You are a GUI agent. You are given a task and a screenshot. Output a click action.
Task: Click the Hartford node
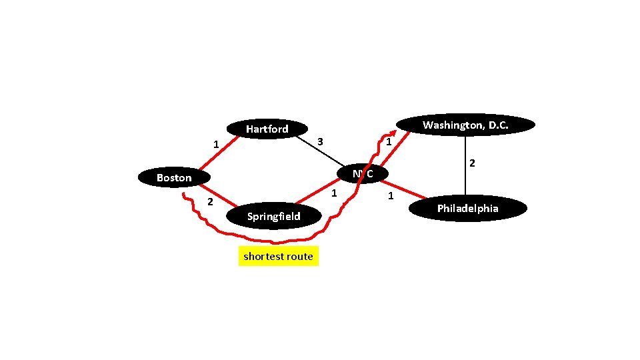point(267,129)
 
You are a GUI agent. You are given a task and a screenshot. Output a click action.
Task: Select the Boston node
point(174,177)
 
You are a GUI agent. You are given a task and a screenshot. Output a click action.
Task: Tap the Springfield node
point(273,216)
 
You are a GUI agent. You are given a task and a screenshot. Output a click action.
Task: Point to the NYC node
point(363,173)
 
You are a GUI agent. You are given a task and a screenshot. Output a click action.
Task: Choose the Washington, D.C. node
point(465,125)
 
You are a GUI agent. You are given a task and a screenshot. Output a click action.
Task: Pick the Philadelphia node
point(468,209)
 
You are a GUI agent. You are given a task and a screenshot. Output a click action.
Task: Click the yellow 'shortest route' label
point(278,256)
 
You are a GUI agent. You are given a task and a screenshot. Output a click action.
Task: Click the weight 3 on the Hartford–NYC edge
point(320,141)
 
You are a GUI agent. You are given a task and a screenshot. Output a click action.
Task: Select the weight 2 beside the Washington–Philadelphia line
point(471,163)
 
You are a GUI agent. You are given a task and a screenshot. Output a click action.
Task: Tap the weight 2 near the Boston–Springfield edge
point(209,202)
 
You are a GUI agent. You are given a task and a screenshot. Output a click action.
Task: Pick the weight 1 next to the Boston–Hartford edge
point(215,144)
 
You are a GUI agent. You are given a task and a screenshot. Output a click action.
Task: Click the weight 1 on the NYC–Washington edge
point(388,143)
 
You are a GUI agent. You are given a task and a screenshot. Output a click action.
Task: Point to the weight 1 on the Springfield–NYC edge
point(334,193)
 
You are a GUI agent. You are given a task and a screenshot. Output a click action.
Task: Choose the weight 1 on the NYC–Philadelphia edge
point(391,196)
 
